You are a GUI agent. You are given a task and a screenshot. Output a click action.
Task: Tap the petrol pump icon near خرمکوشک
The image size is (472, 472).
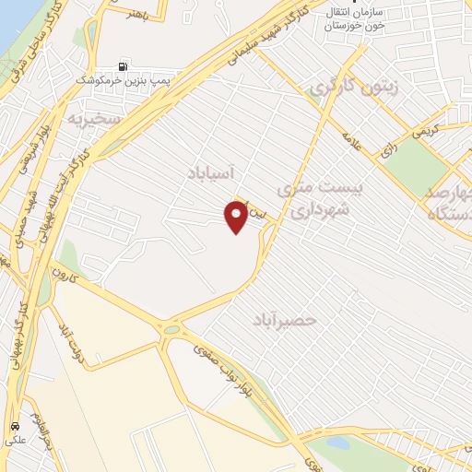point(124,66)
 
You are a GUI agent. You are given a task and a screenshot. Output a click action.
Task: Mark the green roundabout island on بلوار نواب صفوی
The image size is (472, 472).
point(171,329)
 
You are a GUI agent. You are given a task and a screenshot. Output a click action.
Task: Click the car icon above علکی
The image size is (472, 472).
point(16,427)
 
